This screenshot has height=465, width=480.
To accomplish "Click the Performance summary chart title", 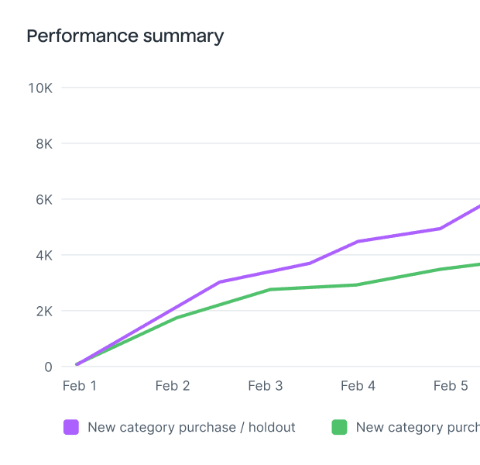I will tap(125, 36).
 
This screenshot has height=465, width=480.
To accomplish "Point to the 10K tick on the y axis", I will tap(39, 88).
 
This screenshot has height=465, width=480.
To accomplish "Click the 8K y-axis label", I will tap(43, 143).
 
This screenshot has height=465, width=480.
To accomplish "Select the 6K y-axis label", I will tap(43, 199).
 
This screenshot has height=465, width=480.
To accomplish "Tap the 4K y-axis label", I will tap(43, 255).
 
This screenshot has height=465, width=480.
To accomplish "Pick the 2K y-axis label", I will tap(43, 311).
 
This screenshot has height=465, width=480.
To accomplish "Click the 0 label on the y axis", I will tap(47, 367).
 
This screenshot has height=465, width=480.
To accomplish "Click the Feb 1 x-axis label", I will tap(79, 386).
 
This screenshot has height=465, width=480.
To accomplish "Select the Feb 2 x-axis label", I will tap(172, 386).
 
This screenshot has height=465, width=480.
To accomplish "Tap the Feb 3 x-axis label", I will tap(265, 386).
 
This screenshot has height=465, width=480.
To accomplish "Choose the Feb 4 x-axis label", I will tap(358, 386).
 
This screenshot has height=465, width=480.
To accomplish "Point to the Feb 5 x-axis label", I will tap(451, 386).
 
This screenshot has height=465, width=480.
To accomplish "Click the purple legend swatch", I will tap(71, 427).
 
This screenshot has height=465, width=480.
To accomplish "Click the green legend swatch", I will tap(339, 427).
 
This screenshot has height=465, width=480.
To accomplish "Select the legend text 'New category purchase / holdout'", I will tap(191, 427).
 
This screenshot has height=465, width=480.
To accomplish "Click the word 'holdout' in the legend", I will tap(271, 427).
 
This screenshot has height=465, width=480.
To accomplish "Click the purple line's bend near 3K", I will tap(220, 282).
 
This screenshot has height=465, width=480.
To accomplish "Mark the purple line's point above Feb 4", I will tap(358, 242).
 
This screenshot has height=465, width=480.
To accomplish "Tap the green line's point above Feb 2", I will tap(177, 318).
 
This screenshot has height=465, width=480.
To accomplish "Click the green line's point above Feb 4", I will tap(356, 284).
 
